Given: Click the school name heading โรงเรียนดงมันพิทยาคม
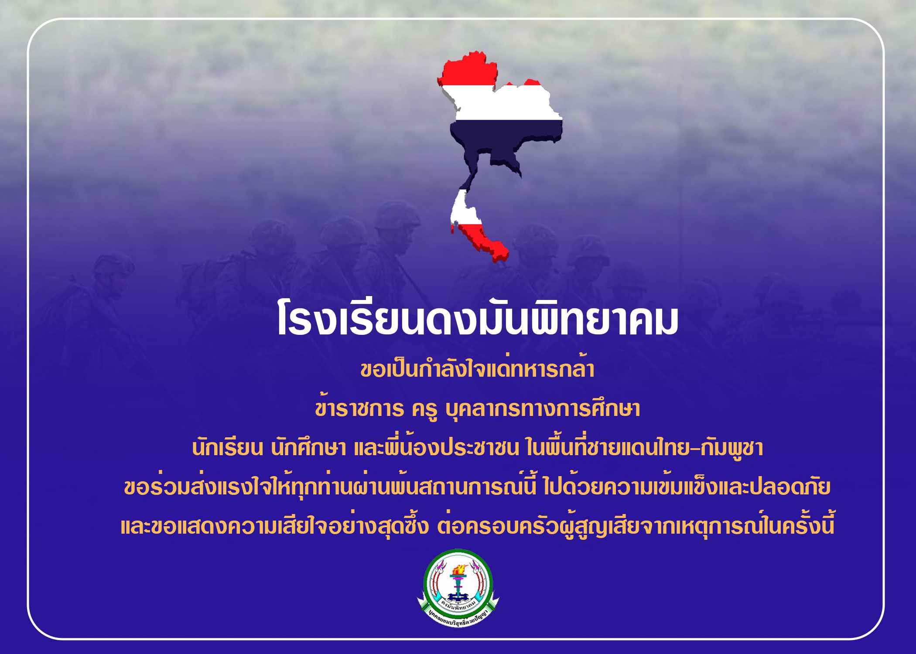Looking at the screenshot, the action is tap(478, 322).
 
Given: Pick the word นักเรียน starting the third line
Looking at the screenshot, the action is tap(227, 449).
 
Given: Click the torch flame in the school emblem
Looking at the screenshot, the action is tap(458, 570).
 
